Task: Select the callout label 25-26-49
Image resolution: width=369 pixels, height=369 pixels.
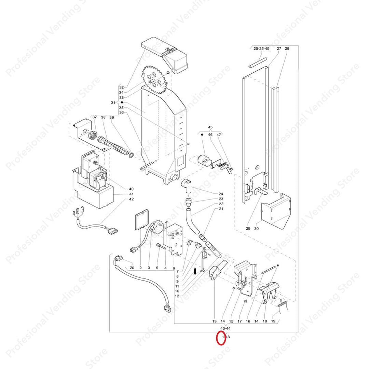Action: coord(261,49)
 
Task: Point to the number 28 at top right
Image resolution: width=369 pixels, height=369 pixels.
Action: coord(287,49)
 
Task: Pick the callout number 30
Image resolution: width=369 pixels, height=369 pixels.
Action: coord(256,229)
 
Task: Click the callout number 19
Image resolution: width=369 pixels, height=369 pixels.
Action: coord(273,321)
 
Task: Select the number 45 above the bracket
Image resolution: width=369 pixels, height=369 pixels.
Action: coord(210,128)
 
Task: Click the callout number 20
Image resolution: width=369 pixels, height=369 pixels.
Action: coord(132,268)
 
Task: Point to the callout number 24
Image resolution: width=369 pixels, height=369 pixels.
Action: coord(221,193)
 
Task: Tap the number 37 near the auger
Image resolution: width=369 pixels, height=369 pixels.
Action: coord(95,117)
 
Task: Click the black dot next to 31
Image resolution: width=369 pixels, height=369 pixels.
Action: coord(122,102)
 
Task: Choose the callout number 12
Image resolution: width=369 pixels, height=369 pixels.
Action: coord(177,296)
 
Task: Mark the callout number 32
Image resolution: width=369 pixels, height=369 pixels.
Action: coord(121,87)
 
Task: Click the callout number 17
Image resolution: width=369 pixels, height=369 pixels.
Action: coord(240,321)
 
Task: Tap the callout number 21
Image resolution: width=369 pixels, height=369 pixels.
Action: coord(221,209)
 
